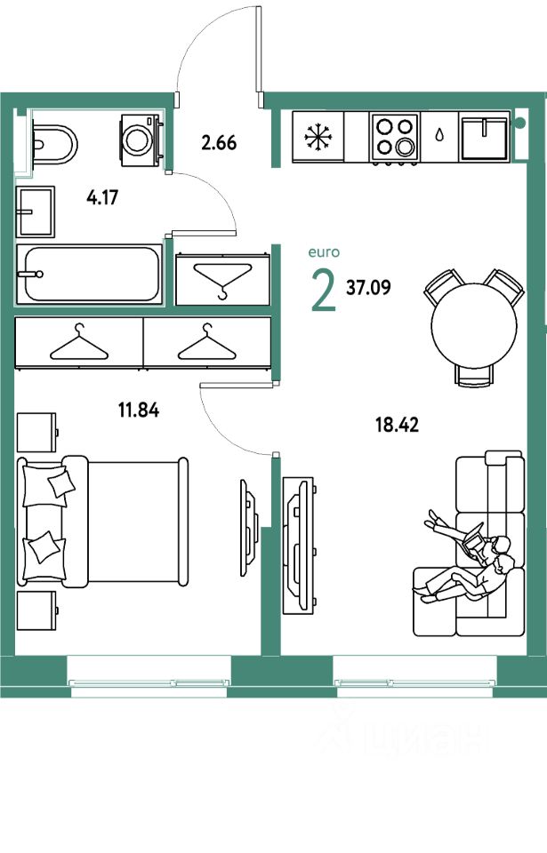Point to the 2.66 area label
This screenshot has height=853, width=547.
[219, 142]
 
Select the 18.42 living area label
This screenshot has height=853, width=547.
[398, 424]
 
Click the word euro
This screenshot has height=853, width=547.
[323, 253]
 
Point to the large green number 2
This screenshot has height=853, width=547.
[323, 291]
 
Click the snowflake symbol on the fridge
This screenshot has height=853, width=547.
[317, 137]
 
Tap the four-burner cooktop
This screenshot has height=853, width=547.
[395, 137]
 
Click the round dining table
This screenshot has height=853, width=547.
[474, 324]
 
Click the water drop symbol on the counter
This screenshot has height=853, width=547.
[440, 136]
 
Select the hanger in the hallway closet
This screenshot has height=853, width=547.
[221, 279]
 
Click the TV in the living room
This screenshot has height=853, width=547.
[297, 545]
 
